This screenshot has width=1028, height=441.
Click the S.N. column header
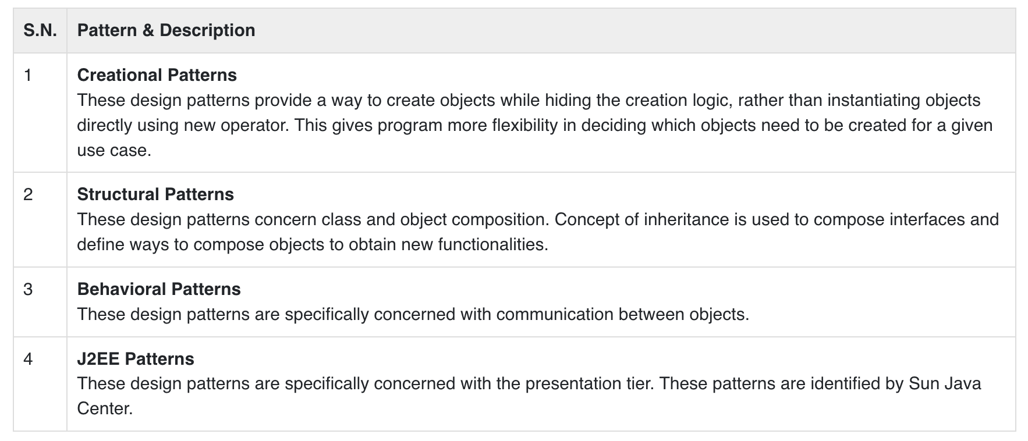(x=40, y=30)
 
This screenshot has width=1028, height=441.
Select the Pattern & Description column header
(x=166, y=30)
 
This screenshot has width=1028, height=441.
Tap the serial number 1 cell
(x=28, y=75)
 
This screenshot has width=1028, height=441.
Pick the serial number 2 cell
(x=28, y=194)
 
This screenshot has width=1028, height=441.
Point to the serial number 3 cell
(x=28, y=289)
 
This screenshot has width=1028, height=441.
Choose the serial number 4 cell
(x=28, y=359)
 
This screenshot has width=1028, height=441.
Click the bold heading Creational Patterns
(x=157, y=75)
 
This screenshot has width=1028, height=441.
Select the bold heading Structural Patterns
(x=155, y=194)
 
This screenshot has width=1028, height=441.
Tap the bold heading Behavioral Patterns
(x=159, y=289)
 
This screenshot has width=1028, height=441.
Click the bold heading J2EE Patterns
(x=136, y=359)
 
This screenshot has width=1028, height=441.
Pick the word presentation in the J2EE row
(x=569, y=384)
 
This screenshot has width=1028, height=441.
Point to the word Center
(x=105, y=409)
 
